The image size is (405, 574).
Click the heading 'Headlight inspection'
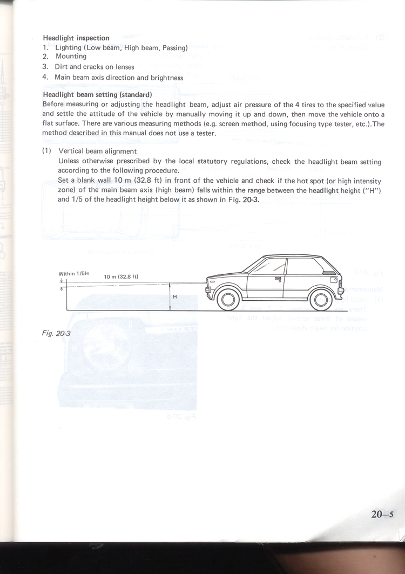76,38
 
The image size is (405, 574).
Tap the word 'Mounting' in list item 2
71,57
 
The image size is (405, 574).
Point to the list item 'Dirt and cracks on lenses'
94,67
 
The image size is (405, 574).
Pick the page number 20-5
383,514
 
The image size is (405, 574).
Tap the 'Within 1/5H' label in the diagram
73,274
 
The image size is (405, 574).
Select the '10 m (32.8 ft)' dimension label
121,277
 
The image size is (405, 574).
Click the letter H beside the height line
175,296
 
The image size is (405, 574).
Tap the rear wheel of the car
319,299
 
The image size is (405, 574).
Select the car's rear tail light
333,280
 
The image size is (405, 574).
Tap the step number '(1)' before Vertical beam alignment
46,151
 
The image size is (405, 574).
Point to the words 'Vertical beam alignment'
97,151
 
